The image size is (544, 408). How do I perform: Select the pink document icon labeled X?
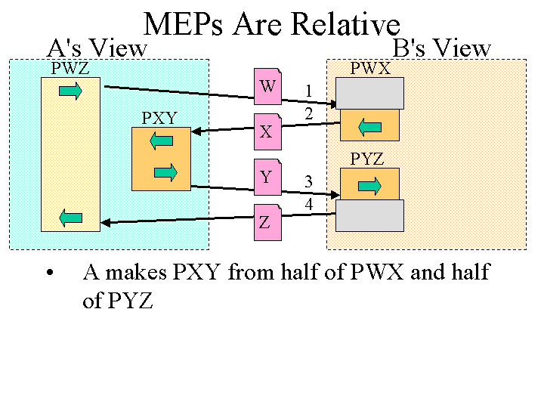(x=266, y=131)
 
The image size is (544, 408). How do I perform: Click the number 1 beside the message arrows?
(x=308, y=91)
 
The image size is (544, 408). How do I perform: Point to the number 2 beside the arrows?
(x=308, y=114)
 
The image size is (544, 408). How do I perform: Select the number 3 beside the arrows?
(x=308, y=181)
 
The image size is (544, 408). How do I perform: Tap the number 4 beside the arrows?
(x=308, y=203)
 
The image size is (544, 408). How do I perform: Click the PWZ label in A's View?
(x=70, y=69)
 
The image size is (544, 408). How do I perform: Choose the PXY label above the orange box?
(x=159, y=118)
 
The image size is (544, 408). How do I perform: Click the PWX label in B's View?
(x=370, y=69)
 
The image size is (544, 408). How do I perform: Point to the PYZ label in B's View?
(x=367, y=159)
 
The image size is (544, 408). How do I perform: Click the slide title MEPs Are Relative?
(x=271, y=24)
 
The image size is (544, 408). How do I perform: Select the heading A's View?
(x=96, y=48)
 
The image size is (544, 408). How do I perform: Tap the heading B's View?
(x=442, y=48)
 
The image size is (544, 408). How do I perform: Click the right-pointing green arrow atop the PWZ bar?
(x=70, y=91)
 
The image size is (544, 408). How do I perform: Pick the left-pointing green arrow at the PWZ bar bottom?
(x=70, y=218)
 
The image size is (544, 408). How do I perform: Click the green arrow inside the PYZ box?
(x=369, y=186)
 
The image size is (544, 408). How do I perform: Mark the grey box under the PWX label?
(x=369, y=94)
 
